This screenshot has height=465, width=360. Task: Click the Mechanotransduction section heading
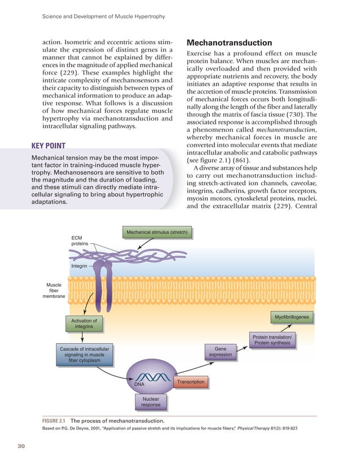(x=221, y=43)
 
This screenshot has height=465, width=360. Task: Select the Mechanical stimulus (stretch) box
(x=157, y=232)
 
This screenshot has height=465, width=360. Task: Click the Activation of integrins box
(x=84, y=324)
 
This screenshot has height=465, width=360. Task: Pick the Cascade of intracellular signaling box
(x=84, y=355)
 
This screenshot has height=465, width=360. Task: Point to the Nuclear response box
(x=151, y=402)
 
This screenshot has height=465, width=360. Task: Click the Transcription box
(x=191, y=383)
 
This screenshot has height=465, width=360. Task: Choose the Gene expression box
(x=220, y=352)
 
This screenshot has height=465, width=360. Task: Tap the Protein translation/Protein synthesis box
(x=272, y=340)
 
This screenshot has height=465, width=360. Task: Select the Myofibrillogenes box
(x=292, y=317)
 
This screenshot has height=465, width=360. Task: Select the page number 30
(x=22, y=447)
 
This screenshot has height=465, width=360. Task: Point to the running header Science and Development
(x=103, y=17)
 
